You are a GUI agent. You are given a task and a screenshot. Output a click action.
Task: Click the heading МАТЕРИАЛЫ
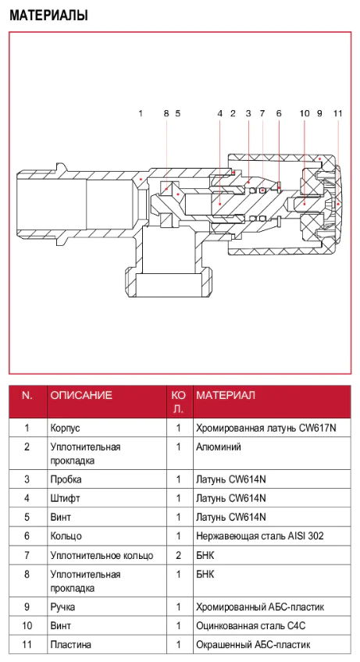tap(49, 16)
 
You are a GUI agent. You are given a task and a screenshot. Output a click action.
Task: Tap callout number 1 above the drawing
tap(141, 113)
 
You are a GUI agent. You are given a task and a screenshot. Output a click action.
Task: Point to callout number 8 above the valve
tap(166, 113)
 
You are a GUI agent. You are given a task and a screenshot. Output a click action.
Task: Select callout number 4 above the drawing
tap(220, 113)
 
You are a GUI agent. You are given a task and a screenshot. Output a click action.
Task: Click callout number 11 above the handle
tap(337, 113)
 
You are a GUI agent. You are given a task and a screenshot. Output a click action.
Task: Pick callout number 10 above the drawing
tap(305, 113)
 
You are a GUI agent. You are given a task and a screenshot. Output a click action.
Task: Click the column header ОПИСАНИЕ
tap(81, 395)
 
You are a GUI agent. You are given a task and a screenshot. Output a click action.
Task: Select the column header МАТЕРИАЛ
tap(226, 395)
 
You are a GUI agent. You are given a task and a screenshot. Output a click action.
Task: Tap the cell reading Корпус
tap(65, 428)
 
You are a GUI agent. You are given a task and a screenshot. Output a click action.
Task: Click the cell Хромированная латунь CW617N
tap(266, 428)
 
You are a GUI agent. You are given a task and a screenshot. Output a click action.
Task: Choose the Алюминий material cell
tap(219, 447)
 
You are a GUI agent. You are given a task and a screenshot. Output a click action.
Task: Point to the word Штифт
tap(65, 499)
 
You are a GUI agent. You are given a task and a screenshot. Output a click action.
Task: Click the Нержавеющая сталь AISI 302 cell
tap(260, 536)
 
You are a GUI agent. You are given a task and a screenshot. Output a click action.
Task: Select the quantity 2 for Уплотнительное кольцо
tap(178, 555)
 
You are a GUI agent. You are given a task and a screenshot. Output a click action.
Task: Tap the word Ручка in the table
tap(62, 607)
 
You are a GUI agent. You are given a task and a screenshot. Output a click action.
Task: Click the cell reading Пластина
tap(70, 645)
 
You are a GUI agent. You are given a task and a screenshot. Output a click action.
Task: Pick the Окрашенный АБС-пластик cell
tap(253, 645)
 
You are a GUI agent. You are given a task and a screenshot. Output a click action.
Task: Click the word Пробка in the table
tap(66, 479)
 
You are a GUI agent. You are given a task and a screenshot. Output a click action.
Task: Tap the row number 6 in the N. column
tap(27, 536)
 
